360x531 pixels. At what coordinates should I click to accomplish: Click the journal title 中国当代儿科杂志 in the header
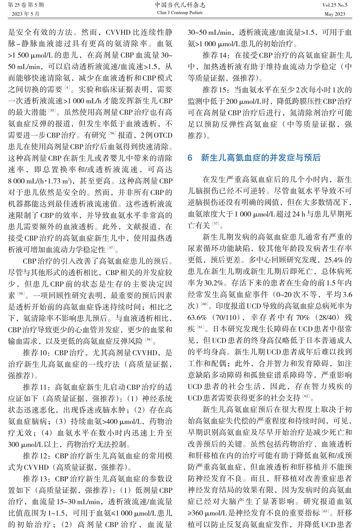[x=180, y=5]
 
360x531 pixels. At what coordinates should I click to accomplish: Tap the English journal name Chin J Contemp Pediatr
[x=180, y=13]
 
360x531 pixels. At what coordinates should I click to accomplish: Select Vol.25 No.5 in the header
[x=335, y=5]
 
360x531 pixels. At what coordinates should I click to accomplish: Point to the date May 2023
[x=335, y=14]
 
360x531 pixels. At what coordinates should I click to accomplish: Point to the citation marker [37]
[x=216, y=224]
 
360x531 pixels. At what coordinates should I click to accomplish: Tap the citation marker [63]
[x=325, y=511]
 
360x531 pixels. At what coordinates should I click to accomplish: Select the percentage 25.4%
[x=334, y=260]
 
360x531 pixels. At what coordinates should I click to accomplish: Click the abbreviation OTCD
[x=163, y=135]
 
